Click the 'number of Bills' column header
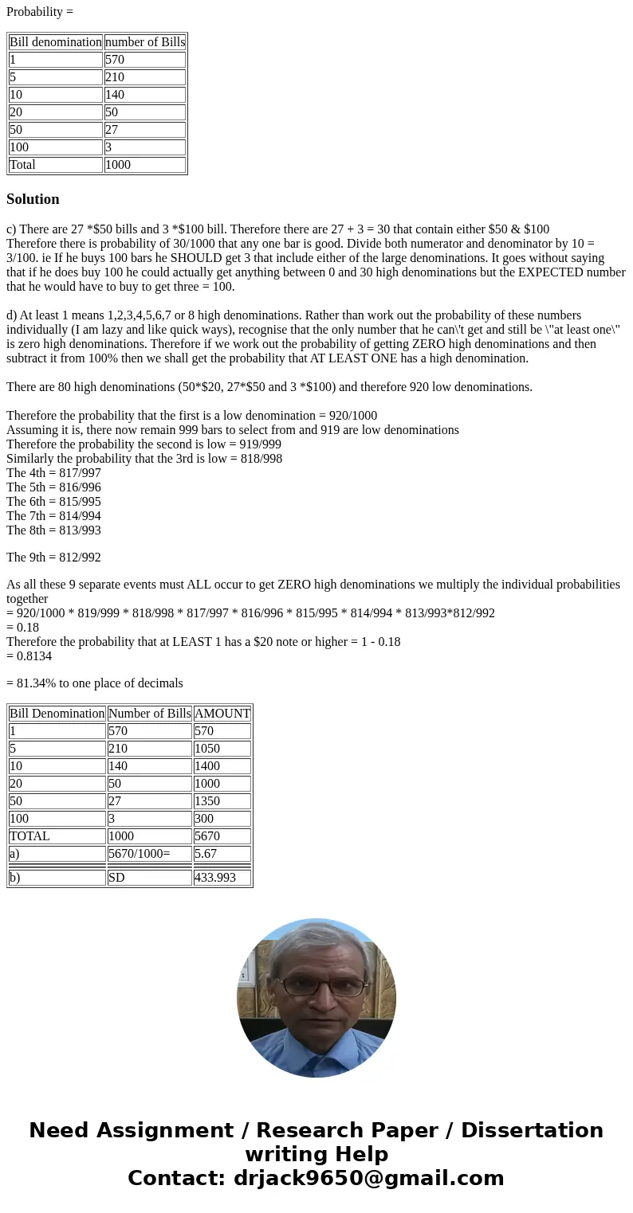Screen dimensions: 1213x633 144,42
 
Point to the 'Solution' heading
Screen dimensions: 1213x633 33,199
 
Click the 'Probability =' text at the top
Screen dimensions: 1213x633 40,12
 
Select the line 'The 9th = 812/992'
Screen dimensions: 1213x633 53,558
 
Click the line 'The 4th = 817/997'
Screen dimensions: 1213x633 53,473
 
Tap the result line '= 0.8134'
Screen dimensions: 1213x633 29,656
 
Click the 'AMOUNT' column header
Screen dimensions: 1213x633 222,714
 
